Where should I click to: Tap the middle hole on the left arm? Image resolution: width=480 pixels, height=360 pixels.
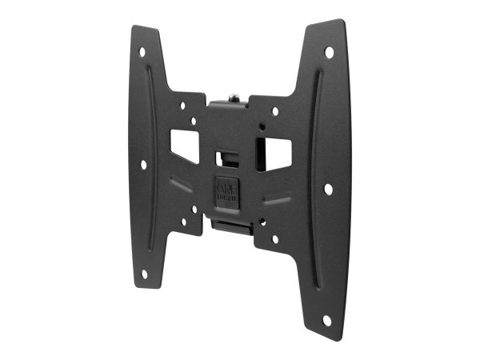coord(144,164)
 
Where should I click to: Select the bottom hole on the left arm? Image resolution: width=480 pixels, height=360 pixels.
coord(146,273)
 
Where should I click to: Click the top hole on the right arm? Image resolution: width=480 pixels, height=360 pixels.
coord(329,52)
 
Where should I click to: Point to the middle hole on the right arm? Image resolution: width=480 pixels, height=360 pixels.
coord(328,189)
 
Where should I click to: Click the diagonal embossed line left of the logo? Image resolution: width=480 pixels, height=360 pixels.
coord(182,185)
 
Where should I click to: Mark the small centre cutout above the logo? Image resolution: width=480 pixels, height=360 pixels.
coord(229,151)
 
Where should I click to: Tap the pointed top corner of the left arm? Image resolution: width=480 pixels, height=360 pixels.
coord(133,28)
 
